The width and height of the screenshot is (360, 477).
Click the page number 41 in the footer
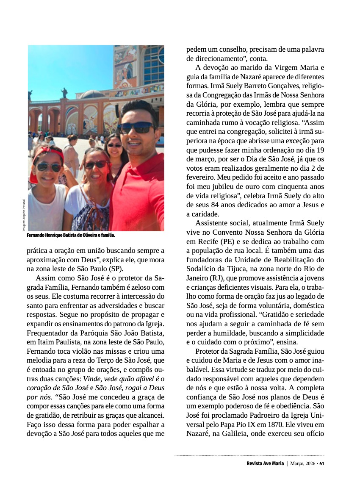point(322,463)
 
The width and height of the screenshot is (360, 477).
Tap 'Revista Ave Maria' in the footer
point(265,463)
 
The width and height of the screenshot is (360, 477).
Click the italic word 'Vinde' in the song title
point(91,379)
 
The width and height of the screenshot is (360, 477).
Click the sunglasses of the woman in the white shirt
point(96,164)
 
